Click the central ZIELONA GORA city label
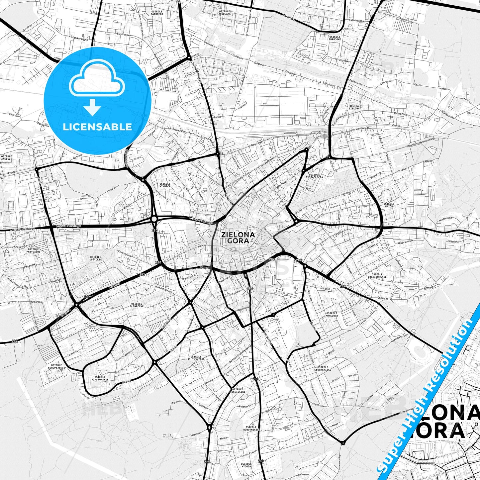(x=238, y=238)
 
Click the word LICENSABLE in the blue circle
(x=97, y=127)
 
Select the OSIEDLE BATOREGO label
(x=156, y=12)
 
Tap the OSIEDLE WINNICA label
(x=164, y=185)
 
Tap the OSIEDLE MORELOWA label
(x=332, y=314)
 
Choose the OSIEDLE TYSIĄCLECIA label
(x=314, y=176)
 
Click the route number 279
(x=207, y=462)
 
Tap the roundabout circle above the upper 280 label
(x=154, y=219)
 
